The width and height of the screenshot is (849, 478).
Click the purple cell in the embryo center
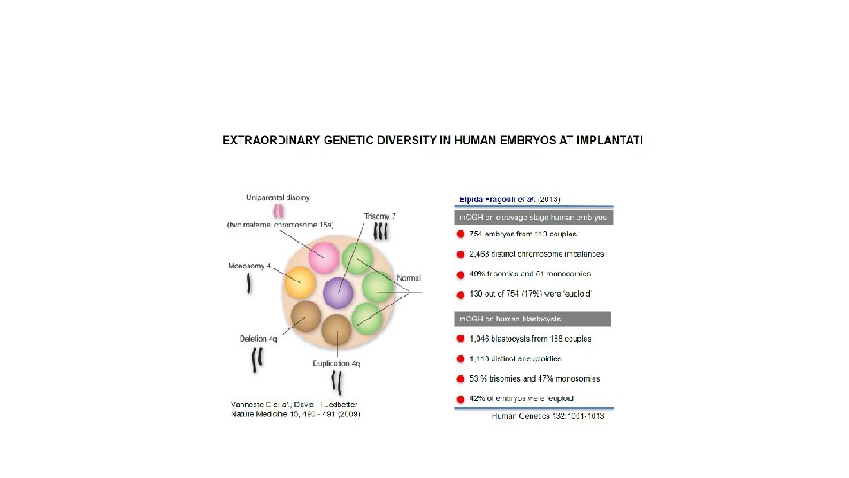click(338, 291)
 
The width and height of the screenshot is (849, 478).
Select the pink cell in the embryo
click(325, 258)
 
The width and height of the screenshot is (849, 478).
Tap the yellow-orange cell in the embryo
click(301, 282)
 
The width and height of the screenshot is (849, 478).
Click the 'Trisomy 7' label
click(380, 217)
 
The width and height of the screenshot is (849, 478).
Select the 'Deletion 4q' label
click(258, 338)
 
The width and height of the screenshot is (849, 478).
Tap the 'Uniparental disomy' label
click(278, 197)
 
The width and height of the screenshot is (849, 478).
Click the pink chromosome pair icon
click(279, 211)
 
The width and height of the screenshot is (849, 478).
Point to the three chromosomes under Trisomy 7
click(381, 232)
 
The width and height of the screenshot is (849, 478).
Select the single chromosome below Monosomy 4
click(249, 282)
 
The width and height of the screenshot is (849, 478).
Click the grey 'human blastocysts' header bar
click(533, 319)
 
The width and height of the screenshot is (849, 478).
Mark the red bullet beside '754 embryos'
click(460, 235)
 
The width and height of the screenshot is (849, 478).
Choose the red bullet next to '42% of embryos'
click(460, 399)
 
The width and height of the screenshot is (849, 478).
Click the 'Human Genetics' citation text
click(527, 416)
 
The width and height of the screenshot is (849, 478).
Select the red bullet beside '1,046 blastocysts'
click(460, 339)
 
